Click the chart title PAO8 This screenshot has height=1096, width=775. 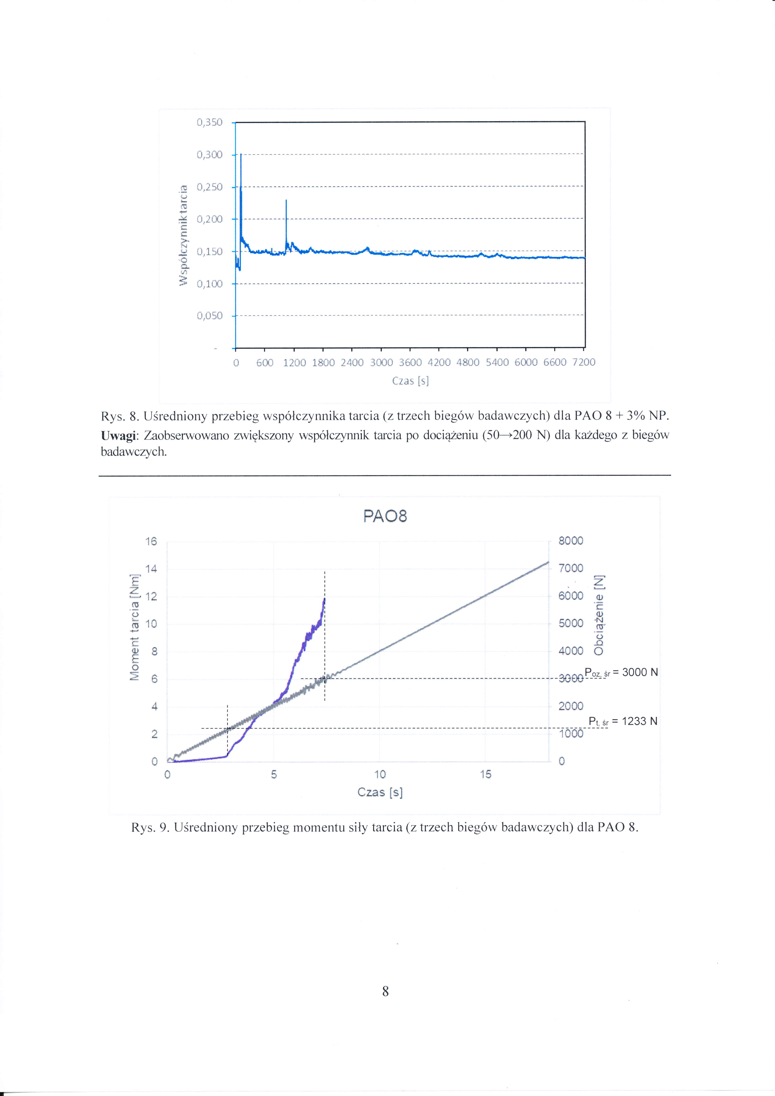coord(385,516)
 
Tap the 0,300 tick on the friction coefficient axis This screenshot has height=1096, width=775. coord(210,155)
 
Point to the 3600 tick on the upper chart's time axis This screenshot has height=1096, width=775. coord(410,363)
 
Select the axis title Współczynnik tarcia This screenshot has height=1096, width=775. coord(183,235)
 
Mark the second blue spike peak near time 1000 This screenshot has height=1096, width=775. coord(286,201)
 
